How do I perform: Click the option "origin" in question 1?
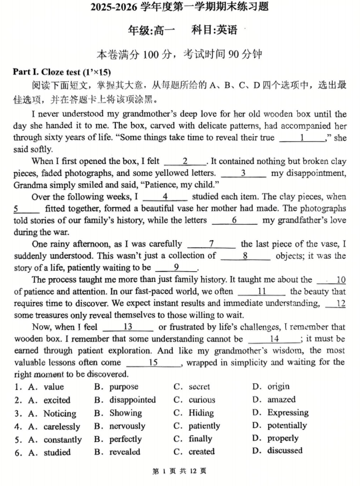tap(279, 387)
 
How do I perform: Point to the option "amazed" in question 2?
tap(281, 400)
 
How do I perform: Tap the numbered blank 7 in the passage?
tap(211, 244)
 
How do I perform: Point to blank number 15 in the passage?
tap(153, 363)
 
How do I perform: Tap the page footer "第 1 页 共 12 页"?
tap(179, 471)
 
